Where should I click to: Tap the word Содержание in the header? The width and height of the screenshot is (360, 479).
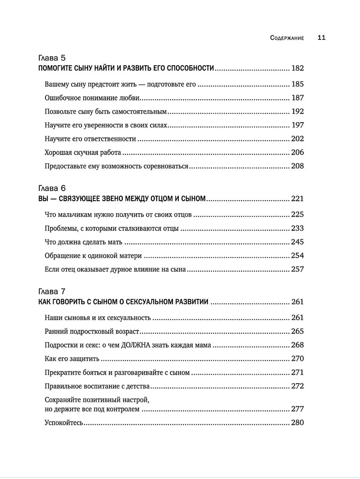point(287,38)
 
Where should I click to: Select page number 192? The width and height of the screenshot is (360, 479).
point(297,112)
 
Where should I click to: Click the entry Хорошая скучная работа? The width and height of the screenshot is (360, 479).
point(82,153)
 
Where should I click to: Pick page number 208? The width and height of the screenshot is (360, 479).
point(297,167)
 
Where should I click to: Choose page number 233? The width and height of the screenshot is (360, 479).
point(297,228)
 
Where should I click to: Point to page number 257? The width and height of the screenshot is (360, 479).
point(297,269)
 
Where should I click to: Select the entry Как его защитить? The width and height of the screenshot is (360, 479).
point(72,358)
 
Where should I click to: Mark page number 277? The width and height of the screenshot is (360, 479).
point(297,409)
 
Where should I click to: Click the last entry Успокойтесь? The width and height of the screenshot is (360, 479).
point(64,423)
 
